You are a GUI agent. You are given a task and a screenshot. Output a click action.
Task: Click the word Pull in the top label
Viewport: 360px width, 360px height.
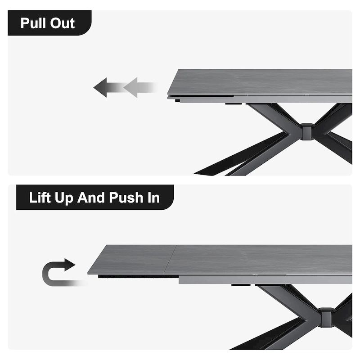tap(34, 23)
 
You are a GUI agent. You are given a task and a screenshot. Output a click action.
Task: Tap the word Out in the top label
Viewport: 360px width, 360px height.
tap(63, 23)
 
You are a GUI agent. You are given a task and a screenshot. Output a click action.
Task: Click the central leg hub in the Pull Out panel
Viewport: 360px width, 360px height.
tap(307, 131)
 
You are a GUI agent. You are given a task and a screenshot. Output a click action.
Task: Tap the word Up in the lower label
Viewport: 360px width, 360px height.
tap(66, 198)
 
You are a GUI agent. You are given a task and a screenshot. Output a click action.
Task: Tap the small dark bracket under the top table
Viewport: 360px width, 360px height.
tap(234, 104)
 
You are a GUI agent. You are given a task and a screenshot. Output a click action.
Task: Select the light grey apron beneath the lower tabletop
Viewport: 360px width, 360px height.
tap(265, 279)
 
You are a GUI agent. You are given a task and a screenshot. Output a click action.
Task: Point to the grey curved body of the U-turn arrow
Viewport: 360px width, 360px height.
tap(49, 274)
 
